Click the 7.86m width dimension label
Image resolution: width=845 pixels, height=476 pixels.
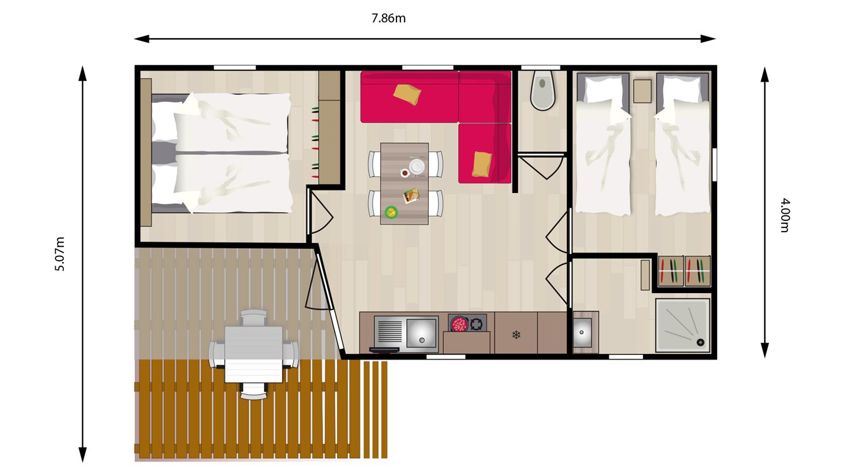tap(388, 18)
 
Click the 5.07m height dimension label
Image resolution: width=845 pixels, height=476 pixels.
tap(60, 253)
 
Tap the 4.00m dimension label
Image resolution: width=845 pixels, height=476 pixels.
tap(784, 215)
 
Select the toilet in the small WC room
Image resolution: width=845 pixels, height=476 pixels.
tap(543, 91)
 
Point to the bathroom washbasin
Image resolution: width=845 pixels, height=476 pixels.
tap(582, 331)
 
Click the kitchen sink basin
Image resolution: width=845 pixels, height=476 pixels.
tap(421, 332)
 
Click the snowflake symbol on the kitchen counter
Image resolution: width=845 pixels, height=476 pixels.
tap(516, 334)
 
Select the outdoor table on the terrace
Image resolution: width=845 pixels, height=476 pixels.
tap(253, 353)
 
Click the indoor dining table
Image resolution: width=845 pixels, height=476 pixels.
tap(404, 184)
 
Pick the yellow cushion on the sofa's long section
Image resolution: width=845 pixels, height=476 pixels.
tap(407, 95)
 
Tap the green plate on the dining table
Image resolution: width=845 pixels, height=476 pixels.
tap(391, 211)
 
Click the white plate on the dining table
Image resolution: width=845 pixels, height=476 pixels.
tap(417, 165)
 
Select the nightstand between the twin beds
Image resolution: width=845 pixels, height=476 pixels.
tap(643, 91)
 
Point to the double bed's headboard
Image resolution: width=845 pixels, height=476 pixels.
tap(146, 152)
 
